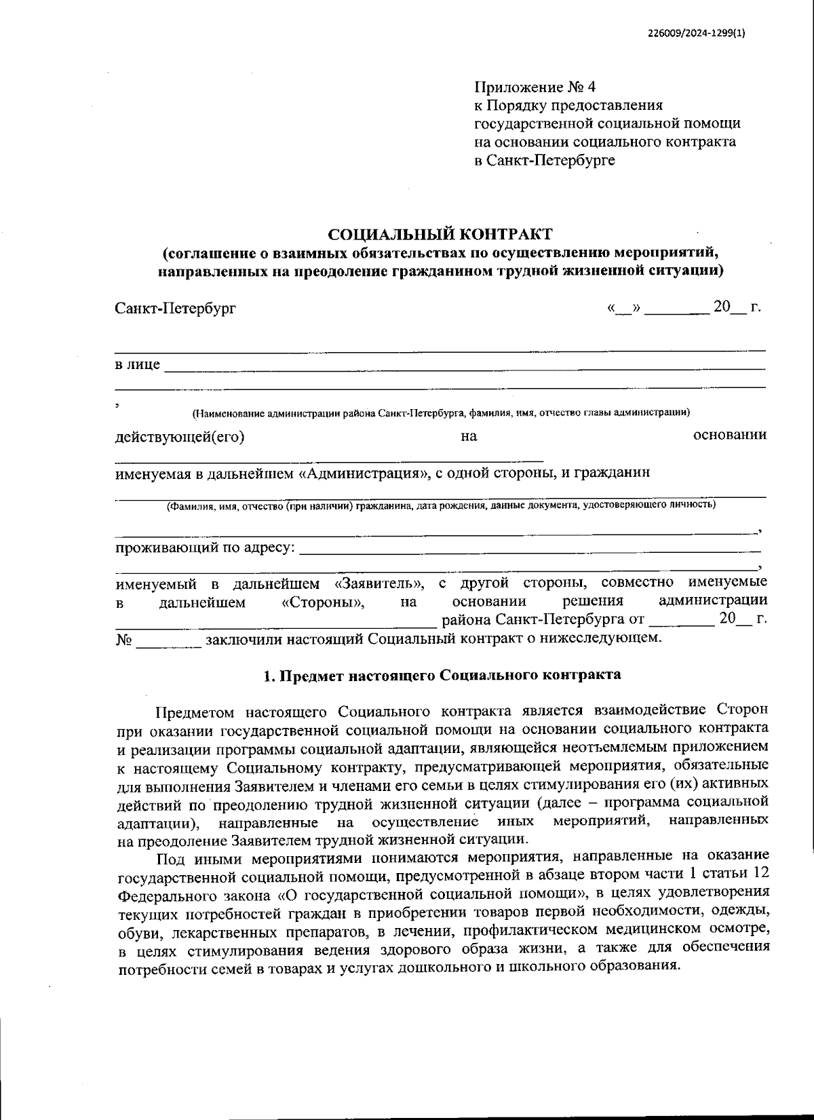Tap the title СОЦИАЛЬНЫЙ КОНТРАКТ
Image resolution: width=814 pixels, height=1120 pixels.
coord(440,235)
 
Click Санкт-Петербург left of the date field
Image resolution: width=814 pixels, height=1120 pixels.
coord(176,309)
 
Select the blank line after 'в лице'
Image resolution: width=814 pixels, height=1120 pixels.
coord(465,366)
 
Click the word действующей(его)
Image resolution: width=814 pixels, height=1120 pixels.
coord(180,436)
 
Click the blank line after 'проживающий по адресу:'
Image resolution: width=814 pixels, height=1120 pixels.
coord(529,548)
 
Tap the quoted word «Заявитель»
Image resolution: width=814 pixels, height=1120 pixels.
coord(380,583)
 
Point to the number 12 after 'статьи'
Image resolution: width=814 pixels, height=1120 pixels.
coord(760,872)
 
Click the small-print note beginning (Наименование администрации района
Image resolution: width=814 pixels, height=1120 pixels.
coord(441,412)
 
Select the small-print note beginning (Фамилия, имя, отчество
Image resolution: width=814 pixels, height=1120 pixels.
coord(441,505)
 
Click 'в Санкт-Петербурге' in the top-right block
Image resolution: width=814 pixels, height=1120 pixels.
coord(544,161)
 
